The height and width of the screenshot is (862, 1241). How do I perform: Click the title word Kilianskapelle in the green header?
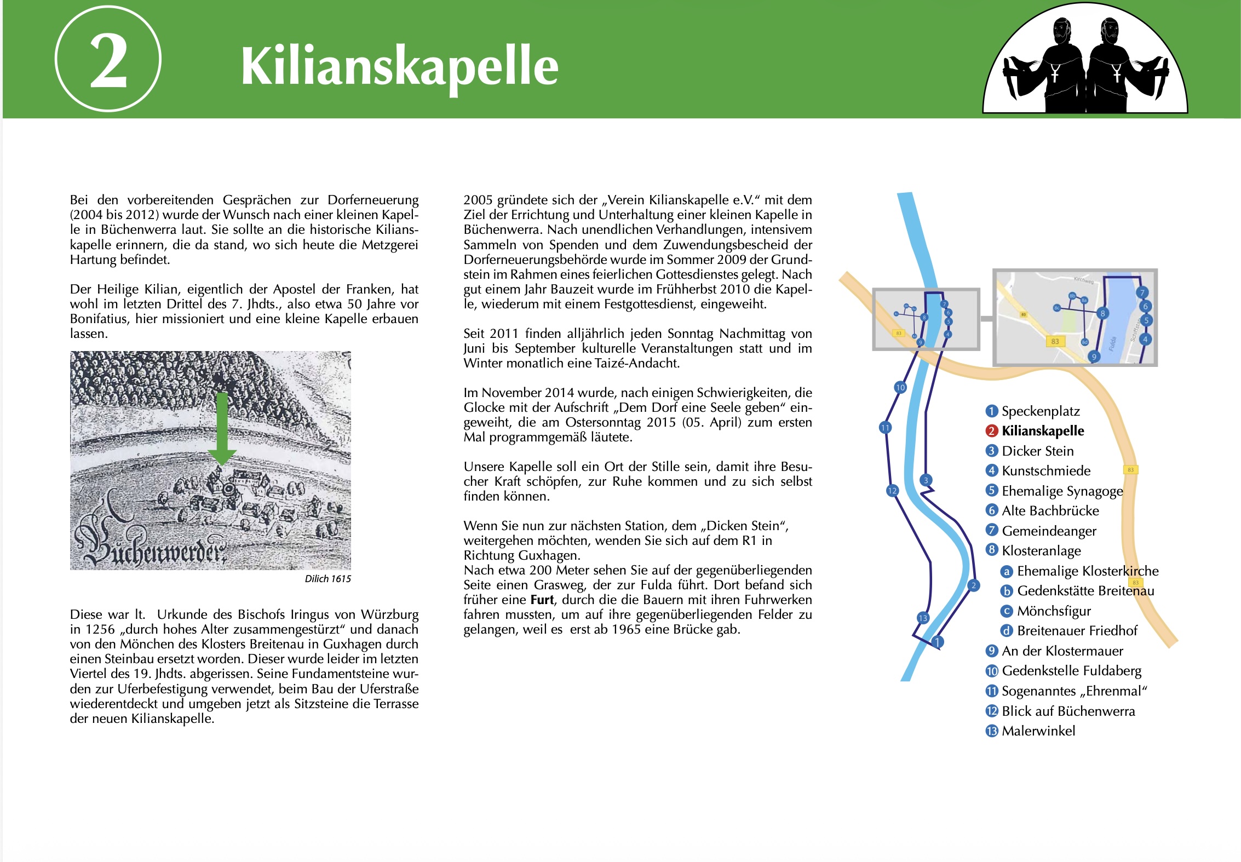[x=399, y=66]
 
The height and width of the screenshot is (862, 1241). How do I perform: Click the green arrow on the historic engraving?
[x=221, y=428]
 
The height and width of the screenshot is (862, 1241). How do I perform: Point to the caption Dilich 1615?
[x=328, y=579]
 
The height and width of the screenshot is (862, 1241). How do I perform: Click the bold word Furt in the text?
[x=542, y=600]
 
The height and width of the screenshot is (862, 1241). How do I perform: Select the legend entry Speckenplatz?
[x=1040, y=411]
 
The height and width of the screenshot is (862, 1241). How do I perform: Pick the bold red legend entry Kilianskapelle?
[x=1042, y=431]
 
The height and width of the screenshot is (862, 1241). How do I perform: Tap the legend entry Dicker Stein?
[x=1037, y=451]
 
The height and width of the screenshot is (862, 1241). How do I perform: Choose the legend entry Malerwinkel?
[x=1038, y=731]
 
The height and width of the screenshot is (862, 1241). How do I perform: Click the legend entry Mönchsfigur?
[x=1053, y=611]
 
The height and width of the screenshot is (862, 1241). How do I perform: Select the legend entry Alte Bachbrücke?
[x=1050, y=511]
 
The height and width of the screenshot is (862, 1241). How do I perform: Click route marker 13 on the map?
[x=923, y=618]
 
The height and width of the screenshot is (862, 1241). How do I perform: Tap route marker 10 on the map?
[x=900, y=388]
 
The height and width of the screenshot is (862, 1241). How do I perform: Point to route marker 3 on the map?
[x=926, y=481]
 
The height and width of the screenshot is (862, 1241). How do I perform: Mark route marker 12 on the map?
[x=892, y=491]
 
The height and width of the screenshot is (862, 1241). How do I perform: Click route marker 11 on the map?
[x=885, y=428]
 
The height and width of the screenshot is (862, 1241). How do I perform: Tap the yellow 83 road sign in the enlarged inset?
[x=1055, y=342]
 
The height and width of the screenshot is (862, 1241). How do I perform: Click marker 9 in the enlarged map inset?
[x=1094, y=357]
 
